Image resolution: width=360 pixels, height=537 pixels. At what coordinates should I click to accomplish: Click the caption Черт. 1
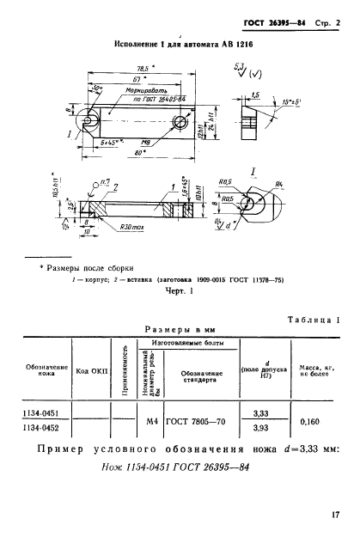179,290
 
